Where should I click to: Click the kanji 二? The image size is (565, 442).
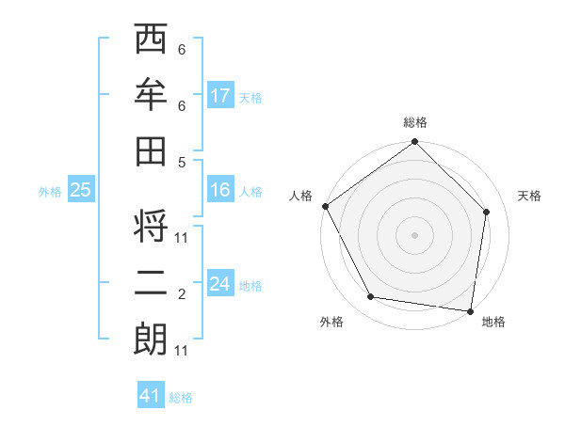(x=152, y=284)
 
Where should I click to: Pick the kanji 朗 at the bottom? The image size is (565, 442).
(x=152, y=339)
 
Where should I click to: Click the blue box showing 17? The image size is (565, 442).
(x=220, y=96)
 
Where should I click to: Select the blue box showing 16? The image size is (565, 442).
(x=220, y=190)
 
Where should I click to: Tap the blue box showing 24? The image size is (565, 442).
(x=220, y=284)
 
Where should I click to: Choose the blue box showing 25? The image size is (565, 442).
(x=80, y=190)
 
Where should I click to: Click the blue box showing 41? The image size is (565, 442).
(x=151, y=396)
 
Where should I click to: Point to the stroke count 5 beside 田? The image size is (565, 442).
(x=182, y=162)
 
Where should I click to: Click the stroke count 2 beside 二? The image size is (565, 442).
(x=182, y=295)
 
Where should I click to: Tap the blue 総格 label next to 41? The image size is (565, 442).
(x=181, y=398)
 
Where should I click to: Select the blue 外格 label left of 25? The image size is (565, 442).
(x=50, y=192)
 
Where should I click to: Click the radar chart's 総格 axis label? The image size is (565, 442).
(x=415, y=123)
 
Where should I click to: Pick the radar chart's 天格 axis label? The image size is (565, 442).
(x=529, y=196)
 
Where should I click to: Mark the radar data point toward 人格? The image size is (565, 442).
(x=325, y=206)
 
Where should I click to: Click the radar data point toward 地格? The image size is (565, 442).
(x=471, y=310)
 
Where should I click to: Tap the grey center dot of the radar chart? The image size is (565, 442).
(x=415, y=234)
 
